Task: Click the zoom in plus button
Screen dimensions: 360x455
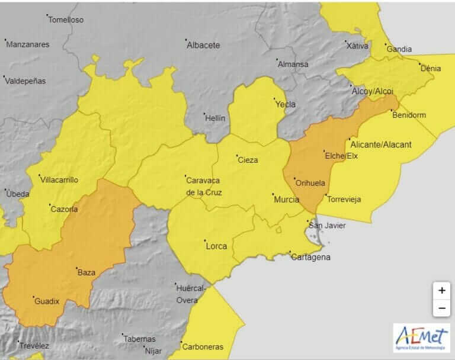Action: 441,291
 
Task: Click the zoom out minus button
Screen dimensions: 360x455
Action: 441,308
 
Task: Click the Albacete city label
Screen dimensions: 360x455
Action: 203,45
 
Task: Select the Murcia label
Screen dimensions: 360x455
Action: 286,200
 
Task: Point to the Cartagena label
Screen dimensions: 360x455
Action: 310,257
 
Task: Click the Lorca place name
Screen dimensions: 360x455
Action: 216,246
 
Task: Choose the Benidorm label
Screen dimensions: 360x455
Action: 409,115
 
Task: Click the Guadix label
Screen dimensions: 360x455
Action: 47,301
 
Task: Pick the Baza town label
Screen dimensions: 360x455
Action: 86,273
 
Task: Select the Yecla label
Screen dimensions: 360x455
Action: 285,104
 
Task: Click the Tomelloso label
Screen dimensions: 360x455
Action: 66,20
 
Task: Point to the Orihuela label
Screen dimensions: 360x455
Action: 310,183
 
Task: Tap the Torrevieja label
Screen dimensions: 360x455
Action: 344,200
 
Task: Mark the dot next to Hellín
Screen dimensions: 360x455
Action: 204,114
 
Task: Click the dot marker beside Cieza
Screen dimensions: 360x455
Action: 236,156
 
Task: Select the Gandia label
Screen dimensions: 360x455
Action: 399,50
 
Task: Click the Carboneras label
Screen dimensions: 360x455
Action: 203,347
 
